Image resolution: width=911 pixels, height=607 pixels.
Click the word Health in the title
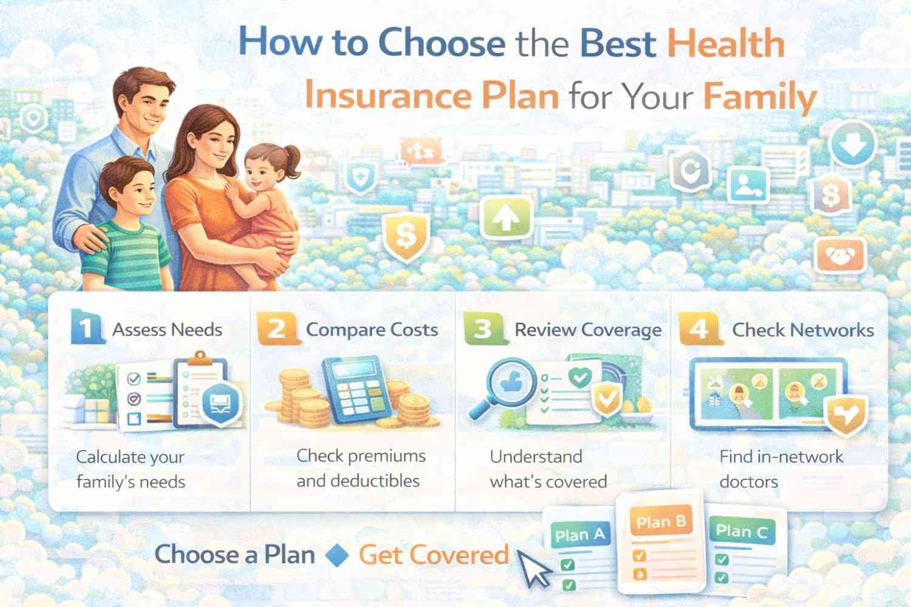(x=726, y=44)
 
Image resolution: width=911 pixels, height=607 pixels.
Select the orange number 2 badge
(x=277, y=329)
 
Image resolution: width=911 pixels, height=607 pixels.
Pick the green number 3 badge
(x=483, y=329)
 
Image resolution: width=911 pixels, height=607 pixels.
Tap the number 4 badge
(x=699, y=329)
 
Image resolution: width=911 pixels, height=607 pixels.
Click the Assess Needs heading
(x=168, y=330)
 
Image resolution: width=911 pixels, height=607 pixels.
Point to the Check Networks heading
(x=803, y=330)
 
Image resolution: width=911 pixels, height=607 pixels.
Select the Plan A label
(x=579, y=535)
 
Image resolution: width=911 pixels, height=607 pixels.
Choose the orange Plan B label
(x=661, y=522)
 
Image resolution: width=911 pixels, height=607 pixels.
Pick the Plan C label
(x=742, y=532)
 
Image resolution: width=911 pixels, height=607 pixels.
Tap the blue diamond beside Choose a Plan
(x=337, y=555)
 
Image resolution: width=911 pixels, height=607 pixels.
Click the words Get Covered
(x=434, y=555)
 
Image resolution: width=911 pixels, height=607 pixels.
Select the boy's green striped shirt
(x=125, y=255)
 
